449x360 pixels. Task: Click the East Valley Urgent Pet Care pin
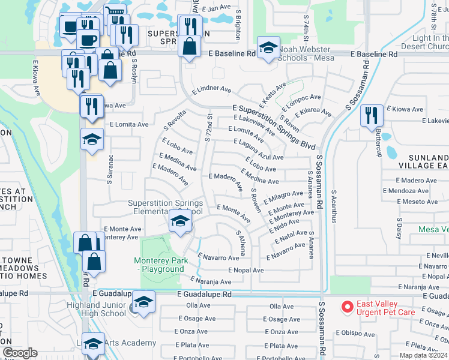coord(347,307)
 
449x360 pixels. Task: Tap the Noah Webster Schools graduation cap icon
coord(268,47)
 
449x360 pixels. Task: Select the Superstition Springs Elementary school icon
coord(179,221)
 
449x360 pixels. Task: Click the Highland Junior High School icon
coord(143,302)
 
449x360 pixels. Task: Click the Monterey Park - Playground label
coord(161,265)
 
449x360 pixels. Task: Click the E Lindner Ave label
coord(211,90)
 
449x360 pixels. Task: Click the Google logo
coord(20,353)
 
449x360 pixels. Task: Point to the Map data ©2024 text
coord(423,355)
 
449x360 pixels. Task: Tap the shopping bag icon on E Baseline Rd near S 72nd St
coord(189,47)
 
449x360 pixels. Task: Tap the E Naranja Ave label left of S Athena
coord(211,281)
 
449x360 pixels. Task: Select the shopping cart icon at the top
coord(115,14)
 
